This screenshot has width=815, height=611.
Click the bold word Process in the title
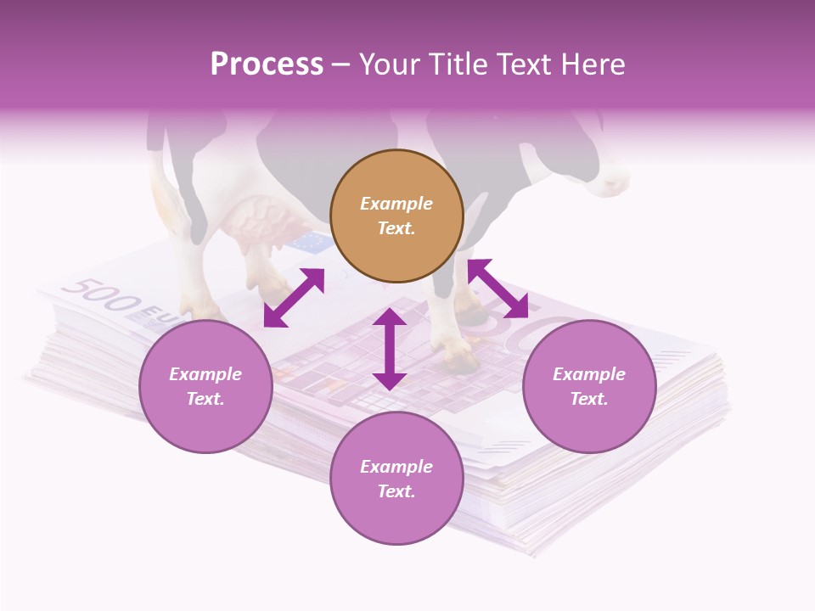click(x=267, y=64)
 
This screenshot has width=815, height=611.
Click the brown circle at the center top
click(x=396, y=216)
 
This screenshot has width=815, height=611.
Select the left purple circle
click(x=205, y=386)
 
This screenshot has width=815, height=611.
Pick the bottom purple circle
click(x=396, y=479)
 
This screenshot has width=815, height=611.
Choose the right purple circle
click(x=589, y=386)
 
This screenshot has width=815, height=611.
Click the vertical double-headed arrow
click(x=390, y=349)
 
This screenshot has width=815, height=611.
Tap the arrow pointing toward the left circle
click(x=294, y=298)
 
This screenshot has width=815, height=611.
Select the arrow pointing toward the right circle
click(x=497, y=289)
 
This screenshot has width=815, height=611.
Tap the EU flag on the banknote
click(x=309, y=244)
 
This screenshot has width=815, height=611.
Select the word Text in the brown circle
click(x=396, y=228)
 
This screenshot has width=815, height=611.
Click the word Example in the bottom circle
click(x=396, y=467)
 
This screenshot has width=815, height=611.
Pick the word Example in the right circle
click(x=589, y=374)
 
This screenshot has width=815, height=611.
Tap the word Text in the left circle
click(x=205, y=399)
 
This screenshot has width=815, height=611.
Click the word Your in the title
click(x=387, y=64)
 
